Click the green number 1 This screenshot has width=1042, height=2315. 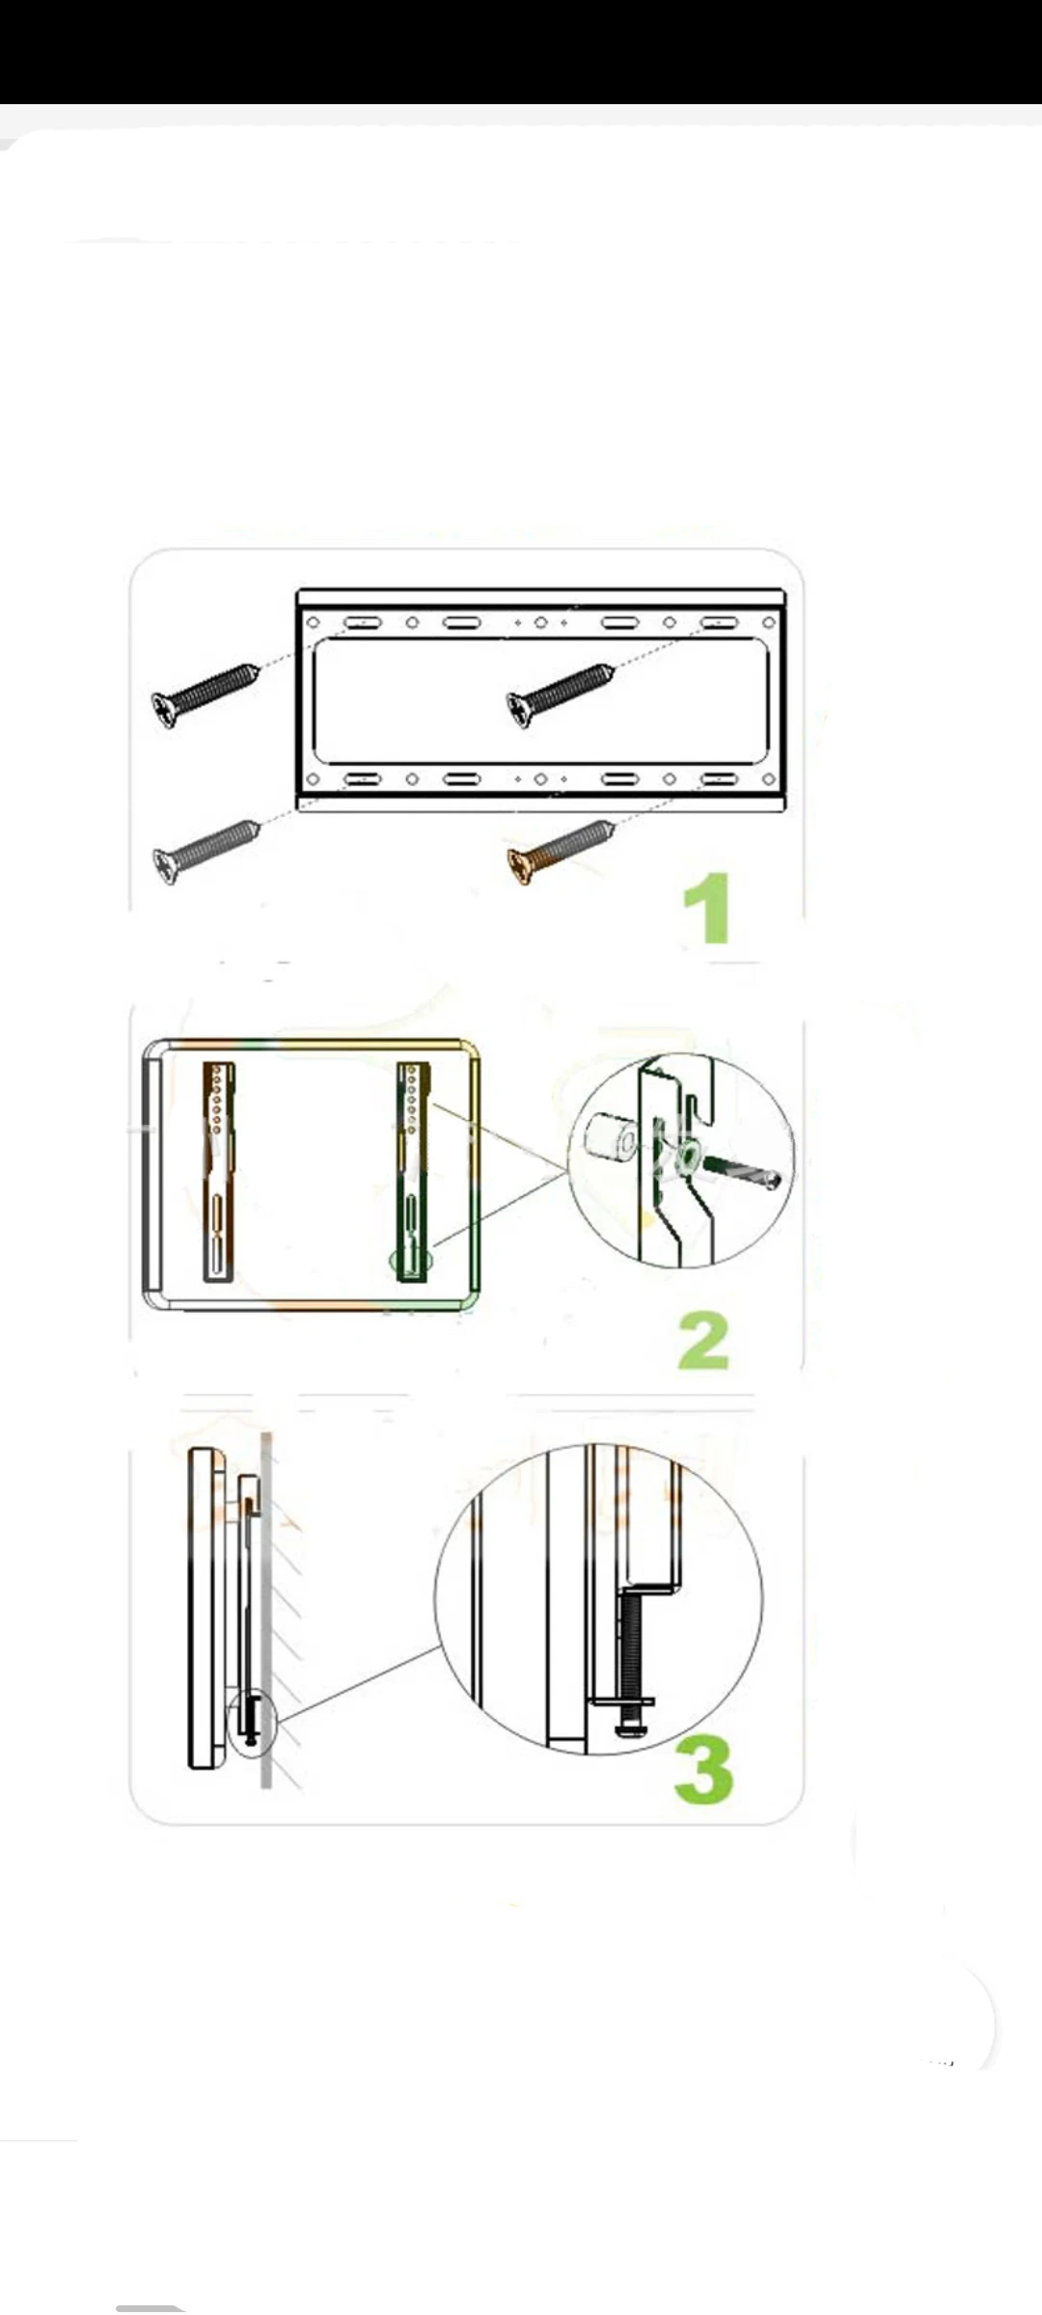[706, 908]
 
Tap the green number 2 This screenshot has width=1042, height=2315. [704, 1341]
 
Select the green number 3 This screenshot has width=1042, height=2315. [703, 1770]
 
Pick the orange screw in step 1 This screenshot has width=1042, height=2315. [561, 852]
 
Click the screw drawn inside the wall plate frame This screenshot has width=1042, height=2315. [561, 695]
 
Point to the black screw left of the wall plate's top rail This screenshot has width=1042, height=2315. [206, 694]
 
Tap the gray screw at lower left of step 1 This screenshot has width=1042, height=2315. [206, 852]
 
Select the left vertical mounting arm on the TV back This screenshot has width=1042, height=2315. [219, 1172]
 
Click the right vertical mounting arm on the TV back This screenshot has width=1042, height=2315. [413, 1172]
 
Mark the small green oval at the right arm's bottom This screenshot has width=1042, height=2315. [411, 1260]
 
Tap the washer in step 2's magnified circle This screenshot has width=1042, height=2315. [690, 1156]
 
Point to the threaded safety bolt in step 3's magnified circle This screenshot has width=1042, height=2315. [628, 1659]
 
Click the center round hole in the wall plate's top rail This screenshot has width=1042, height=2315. [540, 623]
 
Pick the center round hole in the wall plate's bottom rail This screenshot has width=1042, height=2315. [540, 779]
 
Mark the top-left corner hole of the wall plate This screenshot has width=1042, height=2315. [313, 623]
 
